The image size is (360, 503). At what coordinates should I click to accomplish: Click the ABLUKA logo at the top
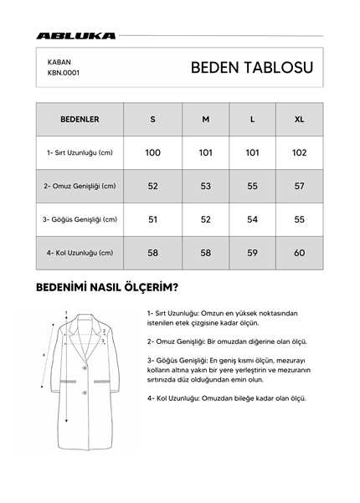(x=76, y=36)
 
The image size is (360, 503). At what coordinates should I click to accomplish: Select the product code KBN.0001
(x=64, y=73)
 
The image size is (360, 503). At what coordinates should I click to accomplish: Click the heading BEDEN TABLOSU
(x=251, y=68)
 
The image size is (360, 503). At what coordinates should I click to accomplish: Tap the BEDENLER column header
(x=80, y=119)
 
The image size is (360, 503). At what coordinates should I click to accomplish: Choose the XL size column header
(x=299, y=119)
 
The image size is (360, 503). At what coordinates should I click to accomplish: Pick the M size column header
(x=205, y=119)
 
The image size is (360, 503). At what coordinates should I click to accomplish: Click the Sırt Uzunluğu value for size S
(x=152, y=152)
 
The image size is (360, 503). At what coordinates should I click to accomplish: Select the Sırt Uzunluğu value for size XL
(x=299, y=152)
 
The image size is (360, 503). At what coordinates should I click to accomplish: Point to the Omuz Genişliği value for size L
(x=252, y=186)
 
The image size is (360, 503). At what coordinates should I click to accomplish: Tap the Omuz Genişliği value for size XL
(x=299, y=186)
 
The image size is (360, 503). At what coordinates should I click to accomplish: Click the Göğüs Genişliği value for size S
(x=152, y=219)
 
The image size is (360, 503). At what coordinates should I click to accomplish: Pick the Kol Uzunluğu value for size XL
(x=299, y=253)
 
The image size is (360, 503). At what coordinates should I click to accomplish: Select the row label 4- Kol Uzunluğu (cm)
(x=80, y=253)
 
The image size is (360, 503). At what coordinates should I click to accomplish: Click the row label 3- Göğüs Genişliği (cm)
(x=80, y=219)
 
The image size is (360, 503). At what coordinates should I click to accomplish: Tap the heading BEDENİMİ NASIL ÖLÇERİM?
(x=106, y=288)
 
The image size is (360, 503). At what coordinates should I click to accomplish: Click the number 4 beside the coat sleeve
(x=44, y=355)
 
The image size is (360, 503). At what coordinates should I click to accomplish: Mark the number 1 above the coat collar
(x=65, y=313)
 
